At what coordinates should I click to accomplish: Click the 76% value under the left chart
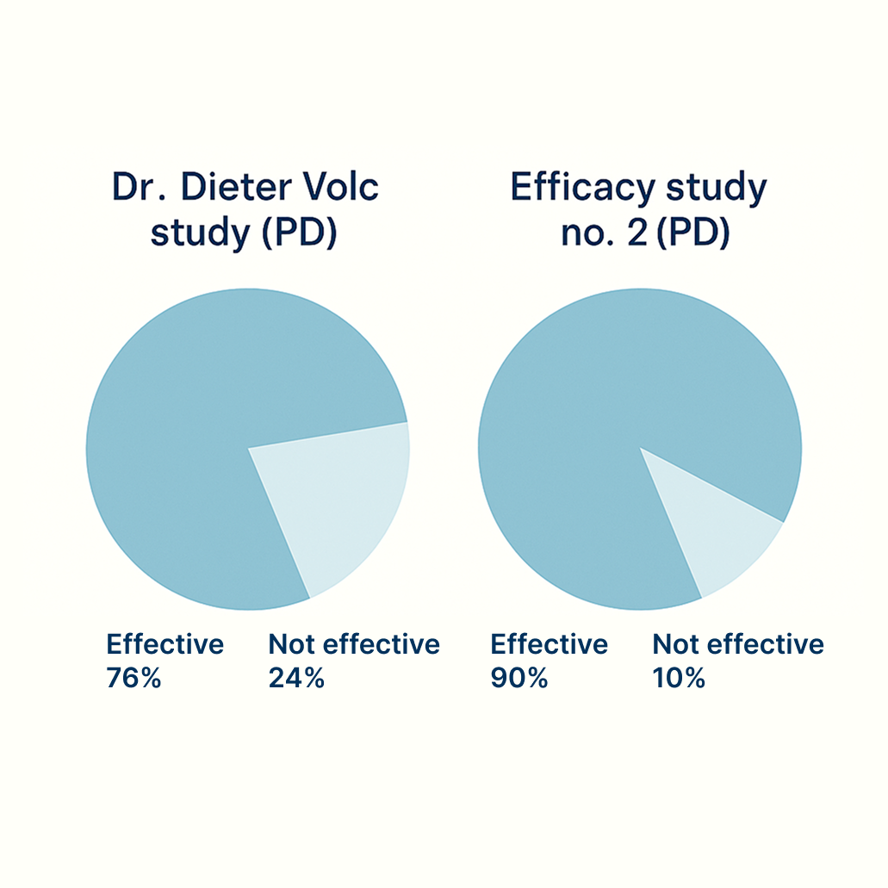pos(134,678)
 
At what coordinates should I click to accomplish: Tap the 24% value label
pos(296,678)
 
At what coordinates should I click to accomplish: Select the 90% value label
pos(519,678)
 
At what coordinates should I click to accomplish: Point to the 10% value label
pos(679,678)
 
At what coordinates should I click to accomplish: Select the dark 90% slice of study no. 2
pos(603,413)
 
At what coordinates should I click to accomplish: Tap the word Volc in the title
pos(342,188)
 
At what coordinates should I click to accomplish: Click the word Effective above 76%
pos(165,644)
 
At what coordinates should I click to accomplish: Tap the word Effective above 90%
pos(549,644)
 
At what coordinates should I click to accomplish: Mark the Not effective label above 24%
pos(354,644)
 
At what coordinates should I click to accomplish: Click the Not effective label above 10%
pos(738,644)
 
